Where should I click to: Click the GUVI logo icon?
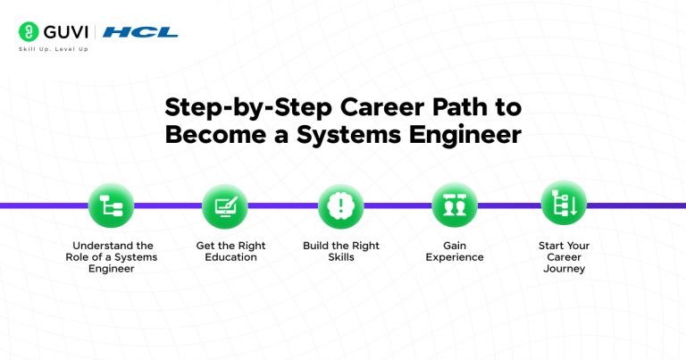tap(27, 32)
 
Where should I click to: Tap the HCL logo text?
tap(140, 32)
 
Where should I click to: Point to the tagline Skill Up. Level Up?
tap(53, 49)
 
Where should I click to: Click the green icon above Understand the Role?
tap(112, 206)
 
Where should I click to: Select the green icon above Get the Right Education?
tap(226, 206)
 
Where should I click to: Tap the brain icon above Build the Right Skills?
tap(341, 206)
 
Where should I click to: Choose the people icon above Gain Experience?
tap(455, 206)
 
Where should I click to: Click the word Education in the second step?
tap(230, 257)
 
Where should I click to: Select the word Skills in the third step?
tap(340, 257)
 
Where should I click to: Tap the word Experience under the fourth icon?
tap(455, 257)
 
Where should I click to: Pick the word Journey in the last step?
tap(564, 269)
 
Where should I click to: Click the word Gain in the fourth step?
tap(455, 246)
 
